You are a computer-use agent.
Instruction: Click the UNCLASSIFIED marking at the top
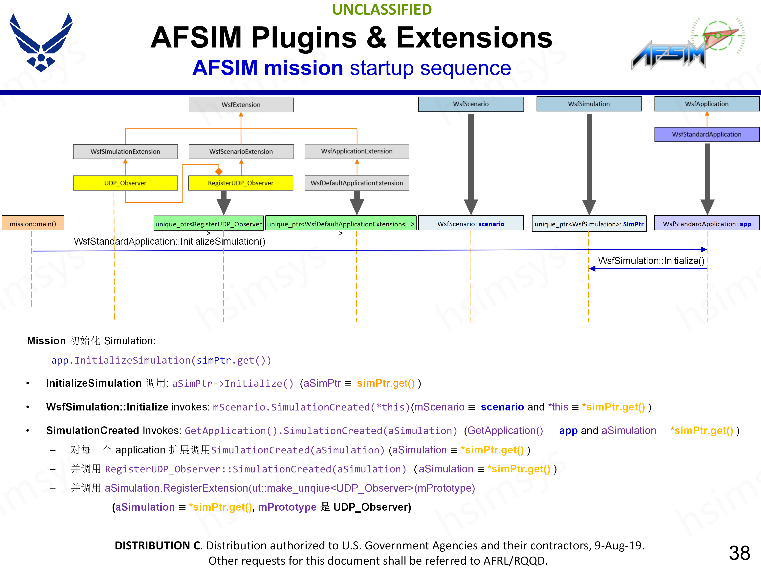click(x=382, y=10)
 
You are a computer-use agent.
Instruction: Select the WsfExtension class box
click(x=241, y=105)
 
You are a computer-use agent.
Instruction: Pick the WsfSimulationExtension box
click(x=125, y=152)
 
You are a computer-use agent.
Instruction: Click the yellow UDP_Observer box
click(x=125, y=183)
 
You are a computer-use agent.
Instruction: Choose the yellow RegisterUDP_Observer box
click(x=240, y=183)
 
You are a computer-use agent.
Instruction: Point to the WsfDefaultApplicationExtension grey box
click(x=357, y=183)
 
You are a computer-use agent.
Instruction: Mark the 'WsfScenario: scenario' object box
click(x=471, y=224)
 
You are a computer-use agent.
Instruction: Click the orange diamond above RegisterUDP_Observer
click(x=219, y=171)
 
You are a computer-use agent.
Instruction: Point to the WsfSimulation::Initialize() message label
click(x=651, y=261)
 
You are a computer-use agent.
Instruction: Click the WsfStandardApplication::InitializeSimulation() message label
click(x=170, y=241)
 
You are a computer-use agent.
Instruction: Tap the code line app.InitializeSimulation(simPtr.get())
click(x=161, y=360)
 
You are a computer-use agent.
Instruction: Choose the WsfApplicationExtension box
click(x=357, y=151)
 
